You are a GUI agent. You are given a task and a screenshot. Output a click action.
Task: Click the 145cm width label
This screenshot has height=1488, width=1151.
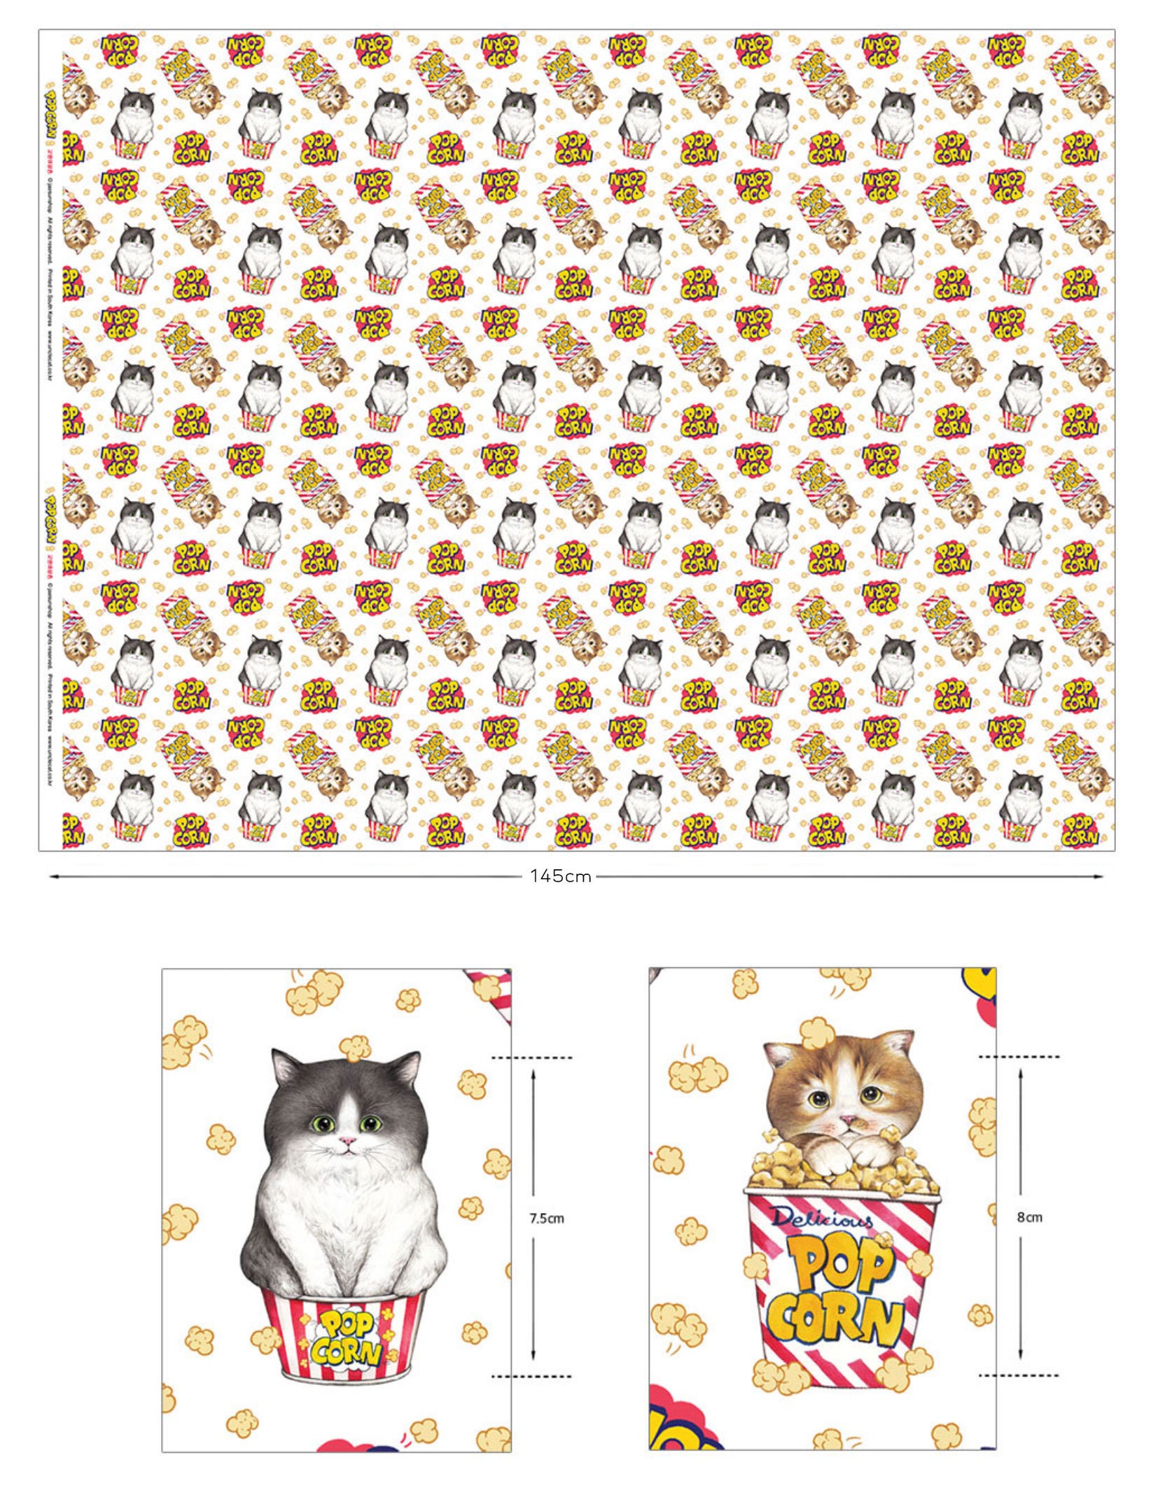(561, 876)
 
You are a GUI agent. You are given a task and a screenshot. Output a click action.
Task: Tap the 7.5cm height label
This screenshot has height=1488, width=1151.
(547, 1218)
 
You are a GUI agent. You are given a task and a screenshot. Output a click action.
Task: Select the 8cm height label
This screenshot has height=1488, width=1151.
(1029, 1217)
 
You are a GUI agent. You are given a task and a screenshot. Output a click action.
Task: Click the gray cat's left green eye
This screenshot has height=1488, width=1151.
(319, 1124)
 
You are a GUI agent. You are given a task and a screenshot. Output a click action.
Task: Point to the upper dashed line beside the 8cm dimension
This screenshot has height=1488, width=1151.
(1019, 1056)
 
